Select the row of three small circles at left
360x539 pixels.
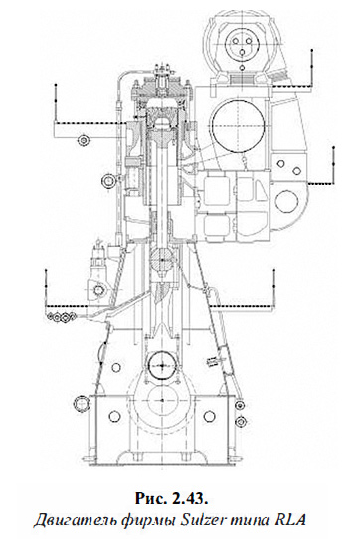pyautogui.click(x=61, y=316)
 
